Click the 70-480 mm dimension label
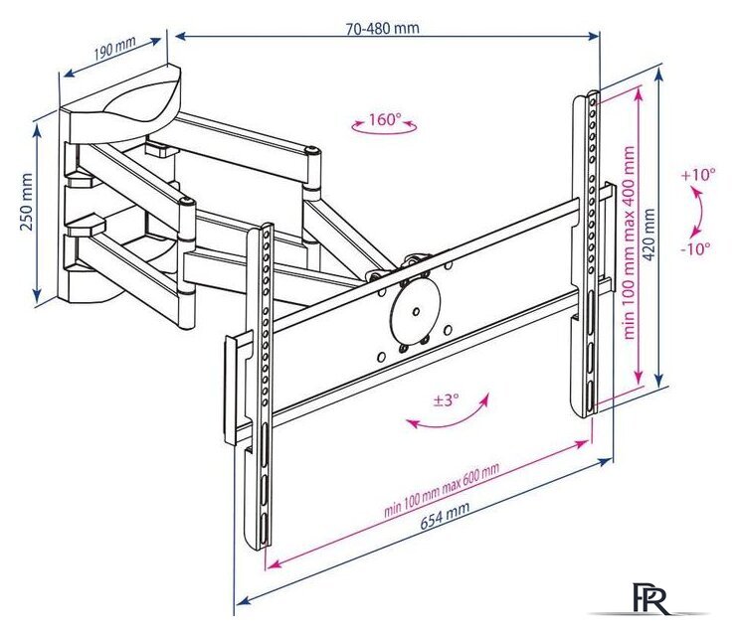382,28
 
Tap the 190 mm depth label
114,47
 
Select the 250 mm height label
27,203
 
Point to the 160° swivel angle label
384,119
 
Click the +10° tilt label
698,175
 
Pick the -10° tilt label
697,248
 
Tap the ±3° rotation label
446,400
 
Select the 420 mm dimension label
649,236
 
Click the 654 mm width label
446,516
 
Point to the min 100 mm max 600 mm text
442,489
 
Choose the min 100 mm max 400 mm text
630,242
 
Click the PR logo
650,598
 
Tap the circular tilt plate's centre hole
416,311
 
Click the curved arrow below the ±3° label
448,415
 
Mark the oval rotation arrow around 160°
384,127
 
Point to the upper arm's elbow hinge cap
312,150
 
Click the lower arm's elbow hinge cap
187,203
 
